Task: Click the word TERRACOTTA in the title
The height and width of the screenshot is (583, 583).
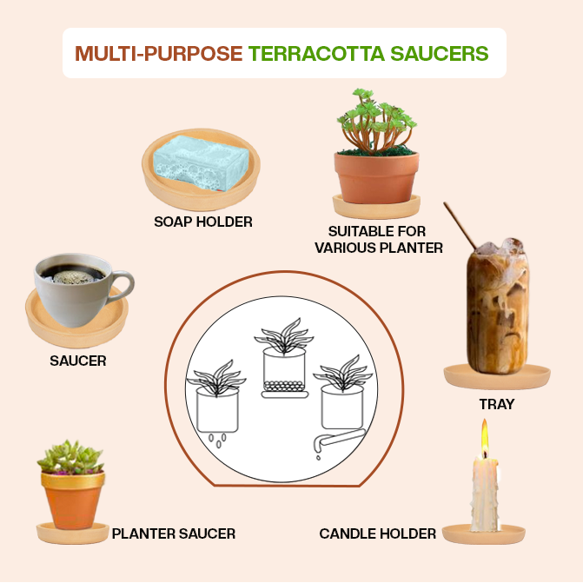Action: pyautogui.click(x=316, y=53)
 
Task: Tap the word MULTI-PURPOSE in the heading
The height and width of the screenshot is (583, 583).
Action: pyautogui.click(x=159, y=53)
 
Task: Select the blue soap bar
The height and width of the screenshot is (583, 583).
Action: pyautogui.click(x=202, y=162)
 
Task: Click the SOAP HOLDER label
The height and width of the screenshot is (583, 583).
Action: pyautogui.click(x=203, y=222)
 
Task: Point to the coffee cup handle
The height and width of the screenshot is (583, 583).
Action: pyautogui.click(x=123, y=284)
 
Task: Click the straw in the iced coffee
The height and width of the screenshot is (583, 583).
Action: pyautogui.click(x=460, y=226)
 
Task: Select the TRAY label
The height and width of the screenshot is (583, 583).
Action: pyautogui.click(x=497, y=404)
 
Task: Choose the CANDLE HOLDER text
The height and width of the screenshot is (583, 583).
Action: pyautogui.click(x=377, y=533)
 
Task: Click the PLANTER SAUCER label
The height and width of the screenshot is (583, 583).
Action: pyautogui.click(x=174, y=533)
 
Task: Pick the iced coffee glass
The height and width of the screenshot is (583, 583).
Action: pyautogui.click(x=498, y=306)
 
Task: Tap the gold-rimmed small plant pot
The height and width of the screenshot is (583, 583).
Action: pyautogui.click(x=73, y=500)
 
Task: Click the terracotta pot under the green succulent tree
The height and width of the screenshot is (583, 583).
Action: pyautogui.click(x=376, y=178)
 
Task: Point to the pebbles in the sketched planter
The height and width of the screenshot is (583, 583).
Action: pyautogui.click(x=284, y=386)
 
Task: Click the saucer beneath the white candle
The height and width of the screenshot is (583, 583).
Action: pyautogui.click(x=483, y=534)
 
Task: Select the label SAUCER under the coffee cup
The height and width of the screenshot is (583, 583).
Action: pyautogui.click(x=78, y=361)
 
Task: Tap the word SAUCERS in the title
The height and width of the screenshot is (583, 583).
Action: pyautogui.click(x=439, y=53)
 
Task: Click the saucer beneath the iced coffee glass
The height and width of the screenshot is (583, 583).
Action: pyautogui.click(x=497, y=376)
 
